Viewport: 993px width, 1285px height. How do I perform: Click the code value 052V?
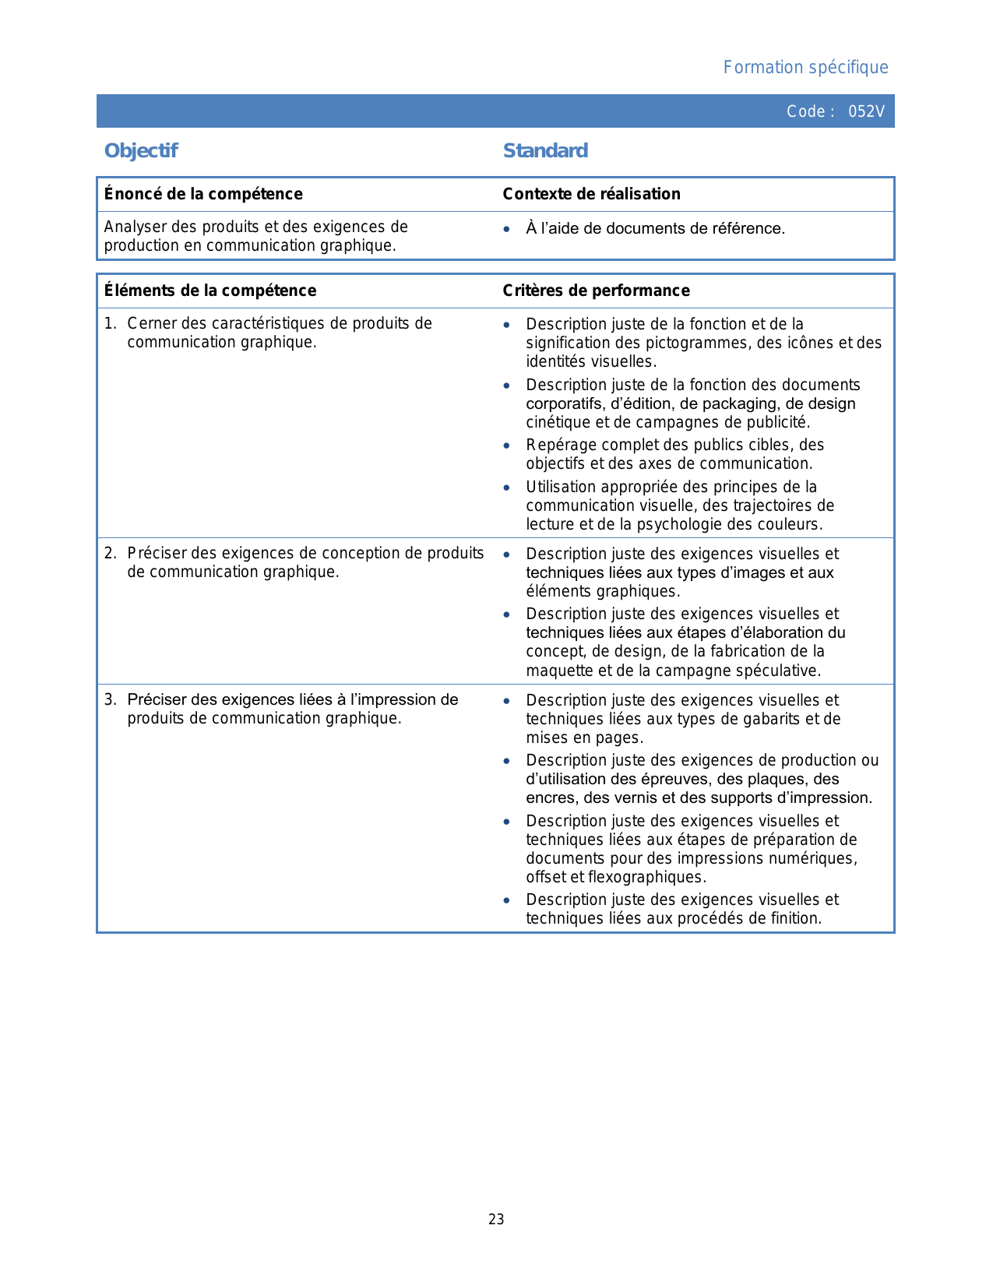pyautogui.click(x=866, y=111)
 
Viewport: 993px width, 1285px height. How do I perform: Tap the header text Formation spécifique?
pyautogui.click(x=805, y=68)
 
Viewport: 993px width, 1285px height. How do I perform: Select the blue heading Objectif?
pyautogui.click(x=141, y=150)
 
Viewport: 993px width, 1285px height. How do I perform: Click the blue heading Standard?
pyautogui.click(x=545, y=150)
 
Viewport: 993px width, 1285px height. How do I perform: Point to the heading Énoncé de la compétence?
pyautogui.click(x=203, y=194)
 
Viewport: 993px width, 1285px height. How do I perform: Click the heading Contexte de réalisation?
pyautogui.click(x=591, y=194)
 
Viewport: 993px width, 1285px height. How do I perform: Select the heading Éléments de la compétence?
pyautogui.click(x=210, y=290)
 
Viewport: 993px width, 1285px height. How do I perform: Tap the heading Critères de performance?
pyautogui.click(x=596, y=290)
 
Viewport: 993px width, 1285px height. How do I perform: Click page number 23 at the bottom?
pyautogui.click(x=496, y=1220)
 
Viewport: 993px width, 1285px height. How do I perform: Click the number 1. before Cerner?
pyautogui.click(x=110, y=323)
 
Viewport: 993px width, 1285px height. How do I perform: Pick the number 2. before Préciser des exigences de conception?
pyautogui.click(x=110, y=553)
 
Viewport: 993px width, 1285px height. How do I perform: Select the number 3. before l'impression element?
pyautogui.click(x=110, y=699)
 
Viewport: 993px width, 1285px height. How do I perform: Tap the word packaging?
pyautogui.click(x=740, y=403)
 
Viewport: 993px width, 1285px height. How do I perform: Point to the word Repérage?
pyautogui.click(x=558, y=445)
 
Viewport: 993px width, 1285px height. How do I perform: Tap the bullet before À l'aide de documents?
pyautogui.click(x=507, y=229)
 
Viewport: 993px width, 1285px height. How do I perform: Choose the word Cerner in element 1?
pyautogui.click(x=151, y=323)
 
